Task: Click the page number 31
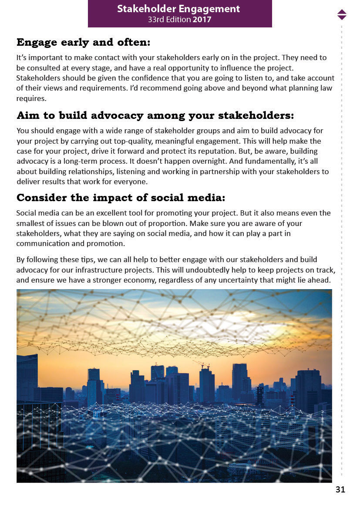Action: click(x=340, y=490)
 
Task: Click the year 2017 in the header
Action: click(x=202, y=20)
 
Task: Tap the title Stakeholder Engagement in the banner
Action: click(x=178, y=9)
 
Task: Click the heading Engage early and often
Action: click(x=83, y=42)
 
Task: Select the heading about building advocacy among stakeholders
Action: click(x=155, y=115)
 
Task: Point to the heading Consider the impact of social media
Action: click(x=121, y=198)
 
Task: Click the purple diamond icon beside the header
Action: click(x=342, y=14)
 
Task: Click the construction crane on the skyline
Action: click(x=202, y=364)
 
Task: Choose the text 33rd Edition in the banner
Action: click(x=169, y=20)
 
